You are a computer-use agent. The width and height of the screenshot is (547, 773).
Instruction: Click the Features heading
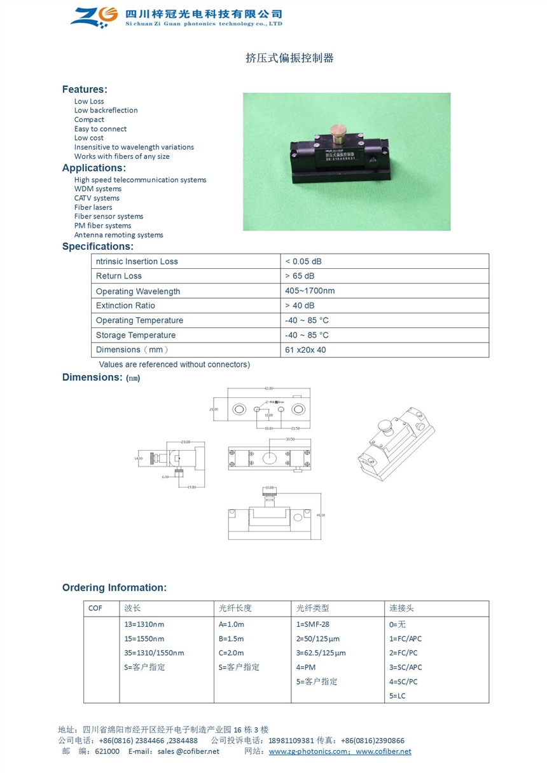pyautogui.click(x=85, y=89)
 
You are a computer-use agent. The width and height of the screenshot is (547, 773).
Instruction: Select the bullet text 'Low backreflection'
pyautogui.click(x=106, y=110)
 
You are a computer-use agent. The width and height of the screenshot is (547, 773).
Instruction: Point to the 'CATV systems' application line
pyautogui.click(x=97, y=198)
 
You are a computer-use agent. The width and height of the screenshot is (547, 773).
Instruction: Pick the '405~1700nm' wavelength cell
pyautogui.click(x=310, y=291)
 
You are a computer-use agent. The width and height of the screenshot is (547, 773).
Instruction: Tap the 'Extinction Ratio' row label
pyautogui.click(x=125, y=306)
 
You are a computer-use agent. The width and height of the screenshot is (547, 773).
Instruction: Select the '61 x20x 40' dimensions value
pyautogui.click(x=305, y=350)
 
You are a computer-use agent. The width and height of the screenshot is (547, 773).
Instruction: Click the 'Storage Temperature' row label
pyautogui.click(x=135, y=335)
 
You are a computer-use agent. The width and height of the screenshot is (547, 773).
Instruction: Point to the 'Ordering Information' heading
pyautogui.click(x=114, y=587)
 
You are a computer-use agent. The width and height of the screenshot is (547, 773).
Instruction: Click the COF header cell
pyautogui.click(x=95, y=608)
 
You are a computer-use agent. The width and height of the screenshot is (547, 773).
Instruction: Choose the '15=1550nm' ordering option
pyautogui.click(x=144, y=638)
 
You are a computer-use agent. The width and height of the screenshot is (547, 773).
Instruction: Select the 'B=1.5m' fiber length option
pyautogui.click(x=231, y=638)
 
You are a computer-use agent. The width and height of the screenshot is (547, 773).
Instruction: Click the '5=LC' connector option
pyautogui.click(x=397, y=695)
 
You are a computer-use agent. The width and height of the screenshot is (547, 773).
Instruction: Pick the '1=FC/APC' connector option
pyautogui.click(x=405, y=638)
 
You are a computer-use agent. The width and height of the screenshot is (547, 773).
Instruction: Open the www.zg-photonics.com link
pyautogui.click(x=309, y=751)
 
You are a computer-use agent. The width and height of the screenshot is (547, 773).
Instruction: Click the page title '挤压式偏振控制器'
pyautogui.click(x=289, y=58)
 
